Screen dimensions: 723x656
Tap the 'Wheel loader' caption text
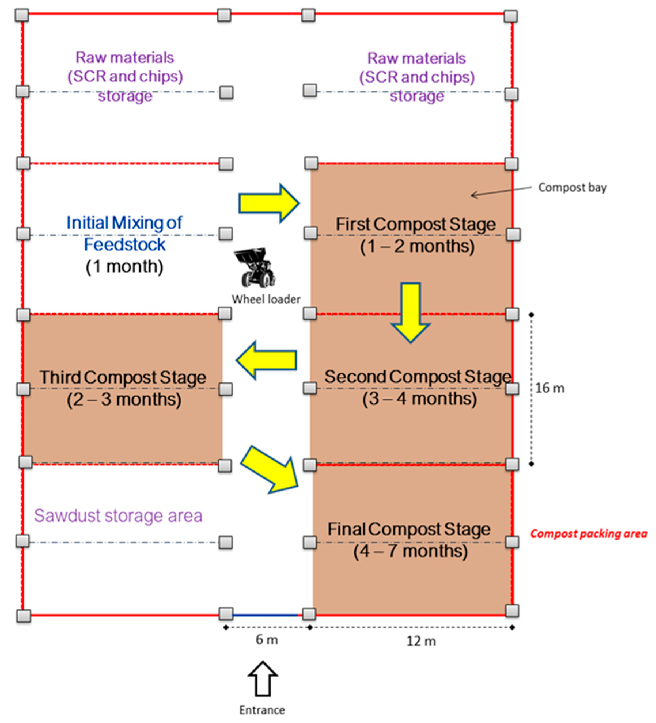pos(266,299)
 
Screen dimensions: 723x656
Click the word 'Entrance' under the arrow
pos(262,710)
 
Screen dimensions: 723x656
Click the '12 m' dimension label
pos(421,641)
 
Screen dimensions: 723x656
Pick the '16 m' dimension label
pos(549,388)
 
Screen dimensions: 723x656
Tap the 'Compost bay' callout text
pos(572,187)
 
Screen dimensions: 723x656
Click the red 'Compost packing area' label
pos(589,534)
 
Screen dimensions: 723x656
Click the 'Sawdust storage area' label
pos(118,516)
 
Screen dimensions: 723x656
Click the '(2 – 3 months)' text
pos(124,399)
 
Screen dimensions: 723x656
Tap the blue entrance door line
pos(266,615)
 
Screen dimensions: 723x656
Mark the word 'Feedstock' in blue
pos(125,244)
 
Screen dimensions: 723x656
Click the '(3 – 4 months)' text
pos(419,398)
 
